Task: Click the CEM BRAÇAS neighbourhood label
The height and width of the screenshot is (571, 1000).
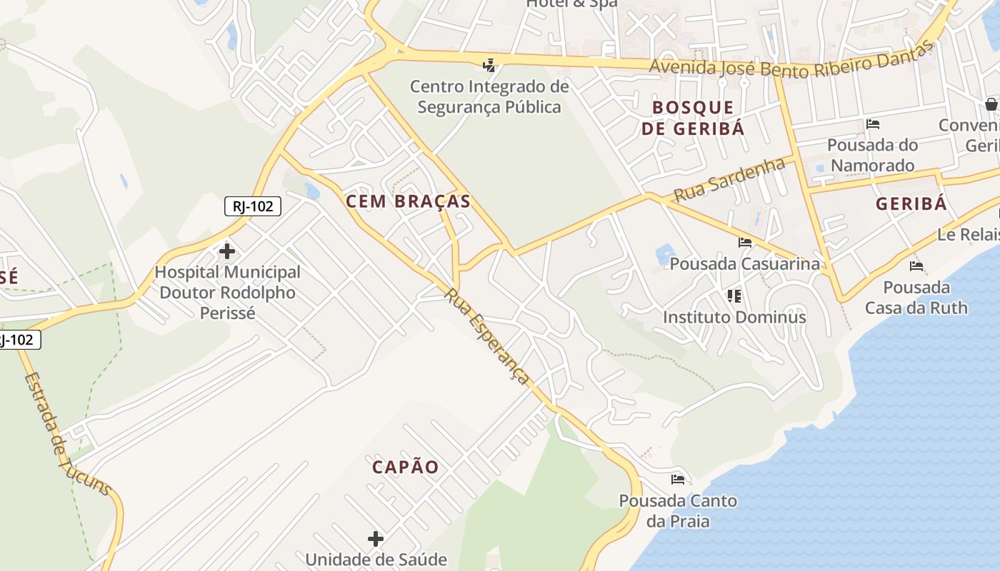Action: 409,201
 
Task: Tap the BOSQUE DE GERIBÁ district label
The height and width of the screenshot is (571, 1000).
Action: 693,118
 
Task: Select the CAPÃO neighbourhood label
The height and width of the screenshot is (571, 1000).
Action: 406,468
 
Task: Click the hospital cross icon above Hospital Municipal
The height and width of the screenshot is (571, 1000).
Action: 227,251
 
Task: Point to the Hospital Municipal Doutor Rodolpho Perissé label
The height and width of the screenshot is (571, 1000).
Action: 227,293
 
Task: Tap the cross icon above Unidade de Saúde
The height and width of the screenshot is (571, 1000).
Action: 376,539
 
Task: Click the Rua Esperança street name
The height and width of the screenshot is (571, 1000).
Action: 488,336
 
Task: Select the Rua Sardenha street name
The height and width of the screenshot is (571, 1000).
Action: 729,181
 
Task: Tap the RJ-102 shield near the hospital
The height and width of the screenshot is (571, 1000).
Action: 253,206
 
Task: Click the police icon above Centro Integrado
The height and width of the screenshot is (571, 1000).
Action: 489,66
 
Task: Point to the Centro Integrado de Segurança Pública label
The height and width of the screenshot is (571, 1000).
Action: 489,97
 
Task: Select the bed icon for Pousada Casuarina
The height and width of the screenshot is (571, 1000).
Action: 745,243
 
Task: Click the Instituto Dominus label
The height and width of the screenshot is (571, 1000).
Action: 734,317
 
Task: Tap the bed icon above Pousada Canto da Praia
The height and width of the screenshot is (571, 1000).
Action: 678,480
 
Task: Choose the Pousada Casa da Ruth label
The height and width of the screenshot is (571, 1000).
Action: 916,298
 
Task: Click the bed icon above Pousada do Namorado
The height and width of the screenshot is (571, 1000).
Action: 873,124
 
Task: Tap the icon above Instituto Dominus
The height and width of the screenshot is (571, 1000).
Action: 734,295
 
